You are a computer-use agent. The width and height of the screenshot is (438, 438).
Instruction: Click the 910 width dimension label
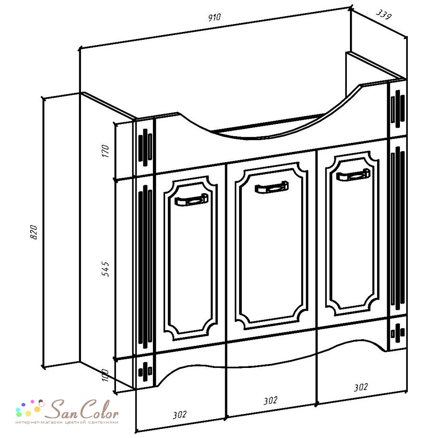click(214, 18)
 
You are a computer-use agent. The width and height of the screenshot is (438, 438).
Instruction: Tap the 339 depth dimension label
click(384, 14)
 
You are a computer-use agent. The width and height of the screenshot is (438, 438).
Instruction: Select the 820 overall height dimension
click(33, 232)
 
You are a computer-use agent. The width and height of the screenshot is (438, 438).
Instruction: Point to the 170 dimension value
click(105, 151)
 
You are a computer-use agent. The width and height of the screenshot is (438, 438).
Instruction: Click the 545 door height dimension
click(105, 269)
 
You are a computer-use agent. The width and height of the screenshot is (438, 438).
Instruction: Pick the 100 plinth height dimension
click(105, 375)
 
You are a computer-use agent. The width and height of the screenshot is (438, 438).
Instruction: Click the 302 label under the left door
click(179, 415)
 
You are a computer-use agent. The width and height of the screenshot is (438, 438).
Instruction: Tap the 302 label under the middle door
click(270, 401)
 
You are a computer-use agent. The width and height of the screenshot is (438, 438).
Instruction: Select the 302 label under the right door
click(361, 387)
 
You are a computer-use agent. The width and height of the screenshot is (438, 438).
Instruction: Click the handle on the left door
click(191, 200)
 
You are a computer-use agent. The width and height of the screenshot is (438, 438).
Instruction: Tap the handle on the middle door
click(272, 187)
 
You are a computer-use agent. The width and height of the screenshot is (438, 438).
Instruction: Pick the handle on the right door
click(353, 175)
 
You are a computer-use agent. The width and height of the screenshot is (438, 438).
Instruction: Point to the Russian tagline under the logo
click(67, 422)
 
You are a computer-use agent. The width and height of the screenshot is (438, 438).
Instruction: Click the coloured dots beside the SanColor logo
click(30, 408)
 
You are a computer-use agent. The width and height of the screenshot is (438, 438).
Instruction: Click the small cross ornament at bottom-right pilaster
click(398, 333)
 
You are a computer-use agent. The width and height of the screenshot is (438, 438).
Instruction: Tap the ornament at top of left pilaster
click(145, 147)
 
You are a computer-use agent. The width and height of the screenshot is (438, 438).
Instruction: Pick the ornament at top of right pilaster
click(398, 109)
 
